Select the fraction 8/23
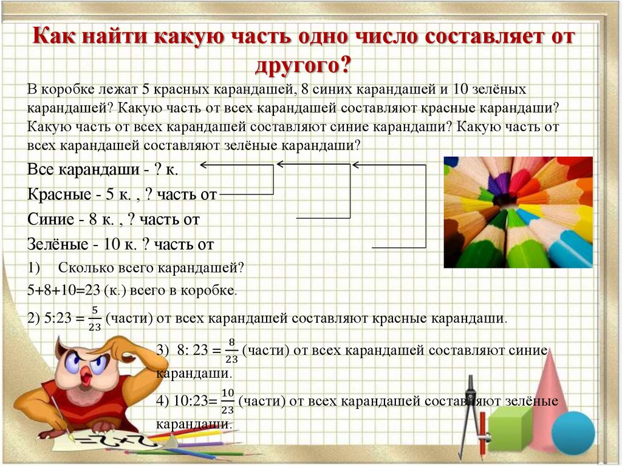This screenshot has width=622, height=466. [231, 351]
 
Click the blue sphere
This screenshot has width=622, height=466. [572, 432]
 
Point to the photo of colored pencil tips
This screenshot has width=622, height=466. [518, 212]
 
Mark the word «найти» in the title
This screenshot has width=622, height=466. [112, 38]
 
